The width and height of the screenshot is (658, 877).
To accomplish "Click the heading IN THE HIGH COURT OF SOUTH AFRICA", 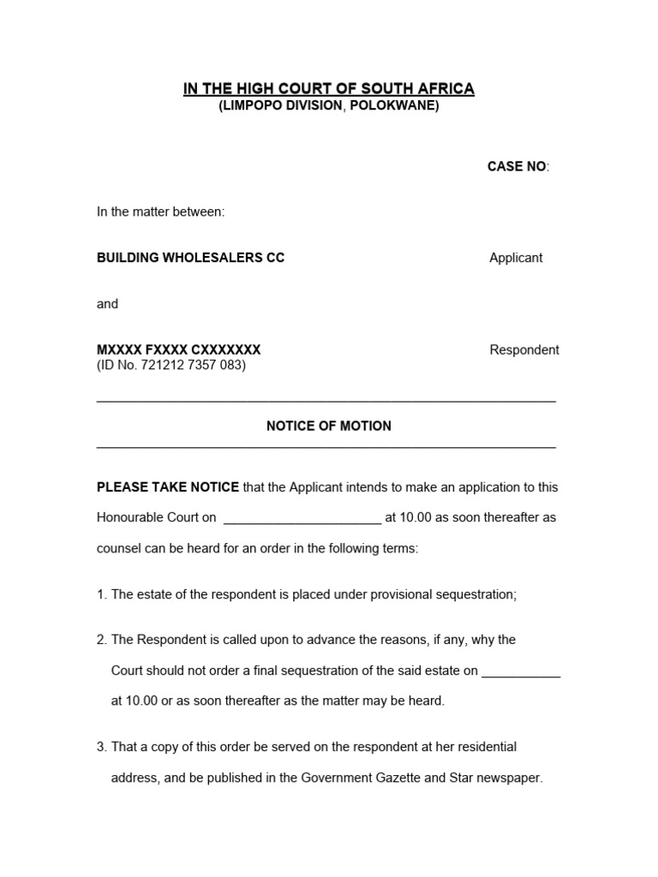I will [x=328, y=89].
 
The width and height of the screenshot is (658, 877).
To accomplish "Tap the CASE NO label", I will [x=517, y=166].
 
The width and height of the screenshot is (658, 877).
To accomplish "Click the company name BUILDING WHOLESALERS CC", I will [x=190, y=258].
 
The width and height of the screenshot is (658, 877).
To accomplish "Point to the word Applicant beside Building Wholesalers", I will [x=516, y=258].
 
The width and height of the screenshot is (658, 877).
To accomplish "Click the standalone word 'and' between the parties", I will [x=107, y=304].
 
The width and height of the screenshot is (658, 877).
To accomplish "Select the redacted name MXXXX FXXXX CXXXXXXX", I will [x=178, y=349].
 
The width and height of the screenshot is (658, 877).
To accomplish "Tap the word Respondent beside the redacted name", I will [x=524, y=349].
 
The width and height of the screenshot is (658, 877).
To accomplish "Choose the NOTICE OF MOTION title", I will [x=328, y=426].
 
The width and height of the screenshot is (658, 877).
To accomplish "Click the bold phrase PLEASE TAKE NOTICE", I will [x=168, y=487].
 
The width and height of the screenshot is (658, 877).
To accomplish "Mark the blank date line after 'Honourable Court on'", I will [x=302, y=518].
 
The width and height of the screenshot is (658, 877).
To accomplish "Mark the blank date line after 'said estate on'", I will [x=521, y=672].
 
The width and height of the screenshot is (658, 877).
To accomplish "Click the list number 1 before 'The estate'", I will [x=101, y=594].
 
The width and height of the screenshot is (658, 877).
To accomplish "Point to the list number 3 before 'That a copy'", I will [x=101, y=747].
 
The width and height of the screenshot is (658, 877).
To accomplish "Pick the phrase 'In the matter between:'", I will [x=160, y=212].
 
